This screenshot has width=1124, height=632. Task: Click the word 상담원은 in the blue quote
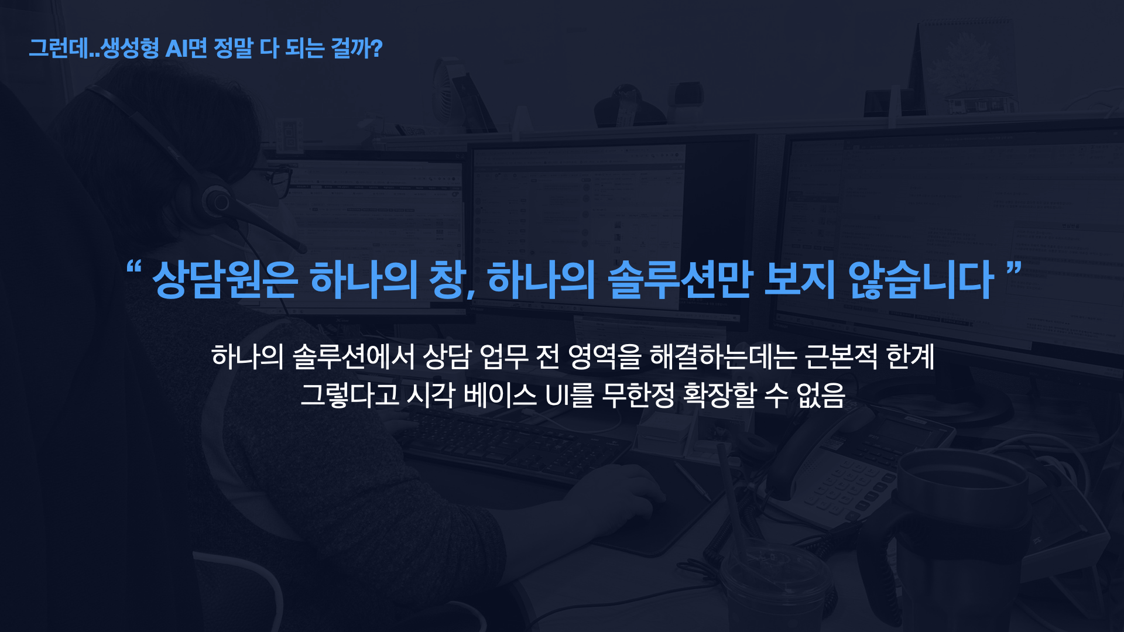pyautogui.click(x=225, y=279)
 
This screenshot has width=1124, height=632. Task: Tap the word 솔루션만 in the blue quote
pyautogui.click(x=680, y=279)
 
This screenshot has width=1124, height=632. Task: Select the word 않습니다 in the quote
pyautogui.click(x=921, y=279)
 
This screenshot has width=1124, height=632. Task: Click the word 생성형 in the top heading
pyautogui.click(x=129, y=48)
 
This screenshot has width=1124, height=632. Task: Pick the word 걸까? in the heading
pyautogui.click(x=357, y=48)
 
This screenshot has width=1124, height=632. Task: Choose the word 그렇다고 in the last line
pyautogui.click(x=349, y=395)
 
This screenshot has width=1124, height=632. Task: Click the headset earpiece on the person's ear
pyautogui.click(x=217, y=201)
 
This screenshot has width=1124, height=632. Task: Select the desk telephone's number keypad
pyautogui.click(x=843, y=486)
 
